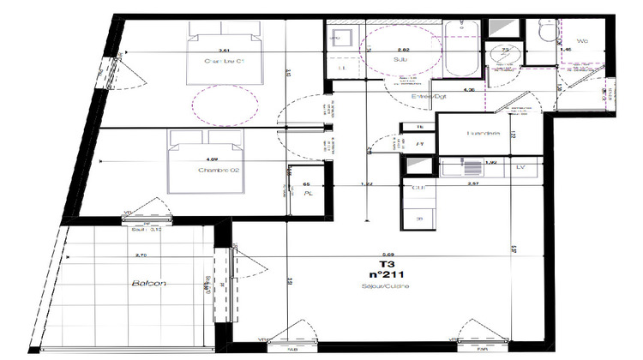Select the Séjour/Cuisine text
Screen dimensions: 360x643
(380, 285)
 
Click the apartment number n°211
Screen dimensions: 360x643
(380, 275)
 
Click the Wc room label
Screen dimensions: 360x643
(583, 40)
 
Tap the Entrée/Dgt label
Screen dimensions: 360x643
(430, 97)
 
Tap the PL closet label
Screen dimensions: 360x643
(308, 194)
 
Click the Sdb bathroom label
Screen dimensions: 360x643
(400, 61)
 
